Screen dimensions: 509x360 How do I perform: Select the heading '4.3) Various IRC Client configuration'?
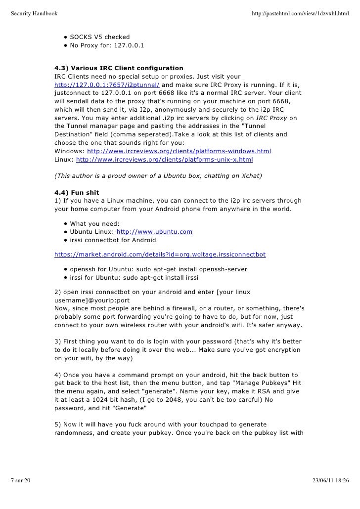coord(119,68)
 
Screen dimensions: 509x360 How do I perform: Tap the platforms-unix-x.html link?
coord(164,160)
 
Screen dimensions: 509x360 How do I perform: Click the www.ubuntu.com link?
coord(154,232)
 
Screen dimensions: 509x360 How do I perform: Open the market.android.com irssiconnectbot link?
coord(160,254)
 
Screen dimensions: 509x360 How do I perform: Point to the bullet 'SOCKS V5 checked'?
coord(99,37)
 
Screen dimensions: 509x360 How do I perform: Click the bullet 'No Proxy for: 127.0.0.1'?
coord(107,46)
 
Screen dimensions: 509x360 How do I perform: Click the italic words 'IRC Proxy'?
coord(272,118)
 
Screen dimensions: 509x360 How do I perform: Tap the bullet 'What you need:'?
coord(94,223)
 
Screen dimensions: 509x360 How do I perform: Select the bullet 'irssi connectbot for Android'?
coord(113,241)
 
